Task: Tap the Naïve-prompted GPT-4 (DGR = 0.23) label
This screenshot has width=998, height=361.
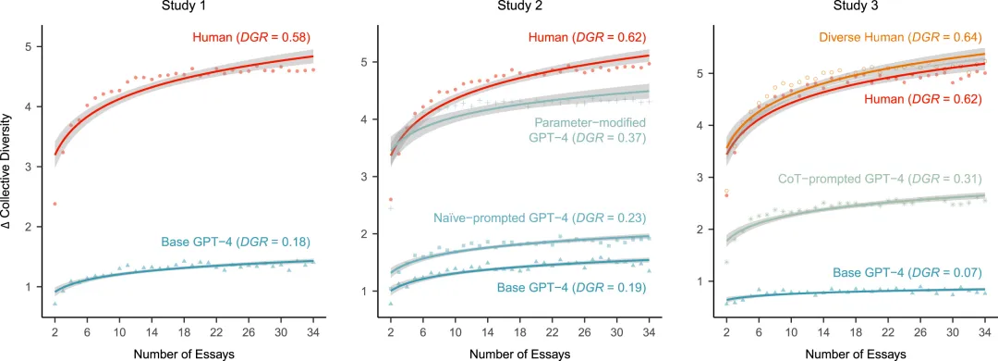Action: [547, 218]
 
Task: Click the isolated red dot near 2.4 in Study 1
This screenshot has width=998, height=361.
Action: [55, 204]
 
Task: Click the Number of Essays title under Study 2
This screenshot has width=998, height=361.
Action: [519, 353]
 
